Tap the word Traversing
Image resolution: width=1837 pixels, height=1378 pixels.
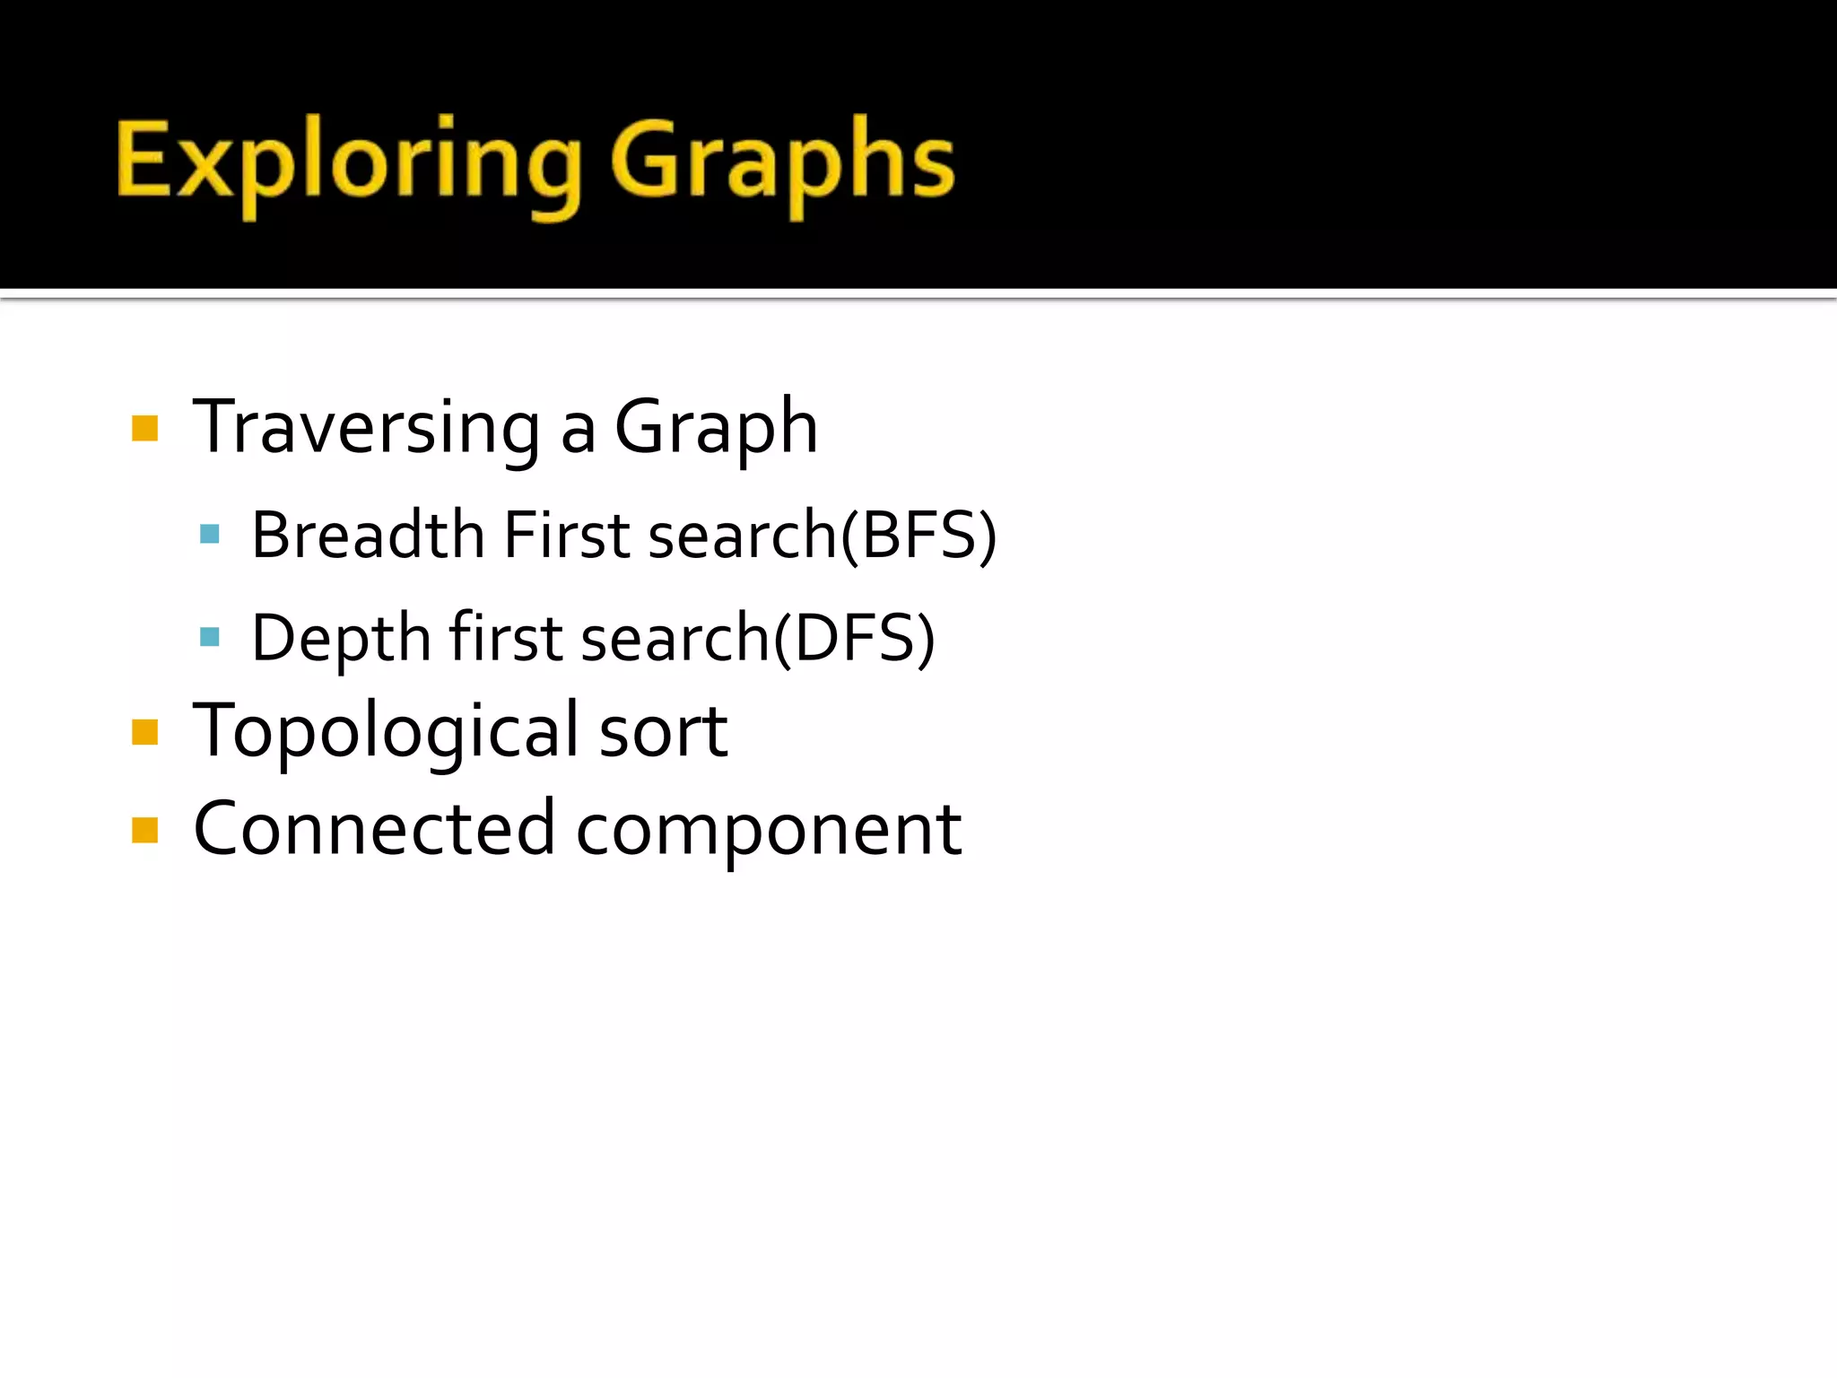[x=366, y=428]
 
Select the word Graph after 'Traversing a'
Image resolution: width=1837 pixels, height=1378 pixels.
[x=716, y=428]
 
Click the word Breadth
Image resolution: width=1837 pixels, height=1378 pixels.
[x=368, y=536]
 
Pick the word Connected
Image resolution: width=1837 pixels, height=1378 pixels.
[x=374, y=829]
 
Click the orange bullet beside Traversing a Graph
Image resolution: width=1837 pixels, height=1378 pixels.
[x=144, y=429]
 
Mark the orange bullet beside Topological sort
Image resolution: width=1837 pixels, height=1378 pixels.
[x=144, y=733]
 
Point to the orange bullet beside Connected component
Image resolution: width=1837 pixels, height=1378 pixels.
[x=144, y=831]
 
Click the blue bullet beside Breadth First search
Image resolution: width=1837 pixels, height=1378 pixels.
[x=210, y=536]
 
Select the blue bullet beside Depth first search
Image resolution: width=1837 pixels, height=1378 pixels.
[x=210, y=638]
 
